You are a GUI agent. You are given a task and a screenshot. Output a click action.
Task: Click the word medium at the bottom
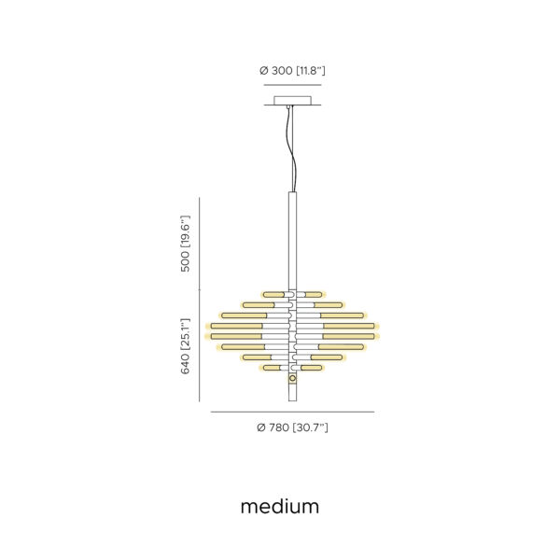coord(280,507)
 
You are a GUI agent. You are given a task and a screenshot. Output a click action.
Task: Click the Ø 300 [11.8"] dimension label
coord(292,71)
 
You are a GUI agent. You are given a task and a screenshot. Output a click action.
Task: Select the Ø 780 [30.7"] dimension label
coord(292,427)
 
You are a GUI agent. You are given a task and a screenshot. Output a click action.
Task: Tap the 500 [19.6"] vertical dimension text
coord(186,244)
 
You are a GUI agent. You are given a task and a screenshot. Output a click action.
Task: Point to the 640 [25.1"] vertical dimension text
coord(186,346)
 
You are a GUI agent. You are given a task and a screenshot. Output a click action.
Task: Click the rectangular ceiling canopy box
coord(292,101)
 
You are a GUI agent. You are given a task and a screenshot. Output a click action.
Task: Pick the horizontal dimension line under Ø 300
coord(292,85)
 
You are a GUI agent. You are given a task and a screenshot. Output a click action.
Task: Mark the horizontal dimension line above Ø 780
coord(292,412)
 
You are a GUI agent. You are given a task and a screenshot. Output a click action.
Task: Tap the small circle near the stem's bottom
coord(292,378)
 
